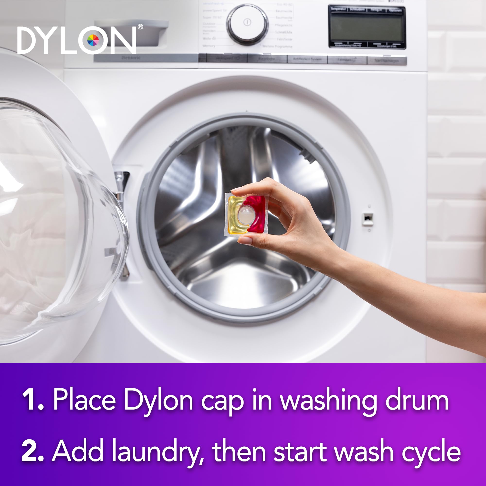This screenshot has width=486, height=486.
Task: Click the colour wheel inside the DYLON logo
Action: point(93,40)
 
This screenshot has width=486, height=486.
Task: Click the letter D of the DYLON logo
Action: point(28,40)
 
